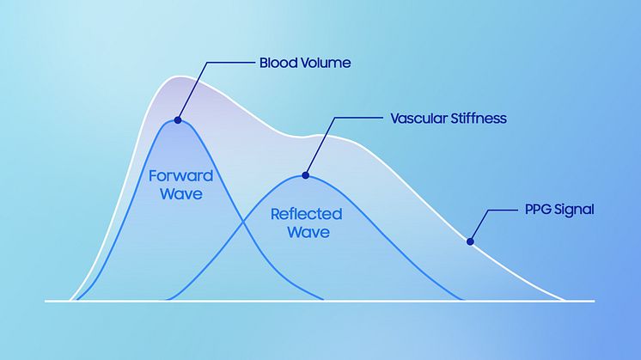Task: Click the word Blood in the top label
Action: [278, 63]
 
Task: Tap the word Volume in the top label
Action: [326, 63]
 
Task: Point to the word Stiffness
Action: [479, 119]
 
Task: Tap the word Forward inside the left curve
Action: [180, 176]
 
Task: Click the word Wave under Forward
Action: [181, 193]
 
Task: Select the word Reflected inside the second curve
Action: [306, 214]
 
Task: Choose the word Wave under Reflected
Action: [308, 232]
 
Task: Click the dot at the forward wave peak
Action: [177, 120]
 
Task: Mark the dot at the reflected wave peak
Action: [305, 176]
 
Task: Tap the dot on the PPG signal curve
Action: [470, 242]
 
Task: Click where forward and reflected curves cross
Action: [244, 222]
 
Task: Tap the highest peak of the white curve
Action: [179, 76]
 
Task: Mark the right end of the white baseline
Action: [595, 302]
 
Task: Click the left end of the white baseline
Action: [46, 302]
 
